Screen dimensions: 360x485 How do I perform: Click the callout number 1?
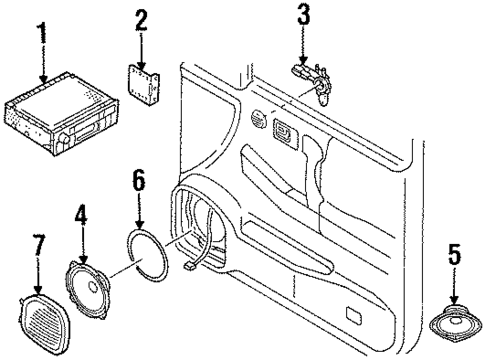pyautogui.click(x=41, y=31)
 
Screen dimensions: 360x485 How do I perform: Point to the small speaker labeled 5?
pyautogui.click(x=455, y=324)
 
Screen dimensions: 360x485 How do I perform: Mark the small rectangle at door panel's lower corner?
pyautogui.click(x=354, y=317)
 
